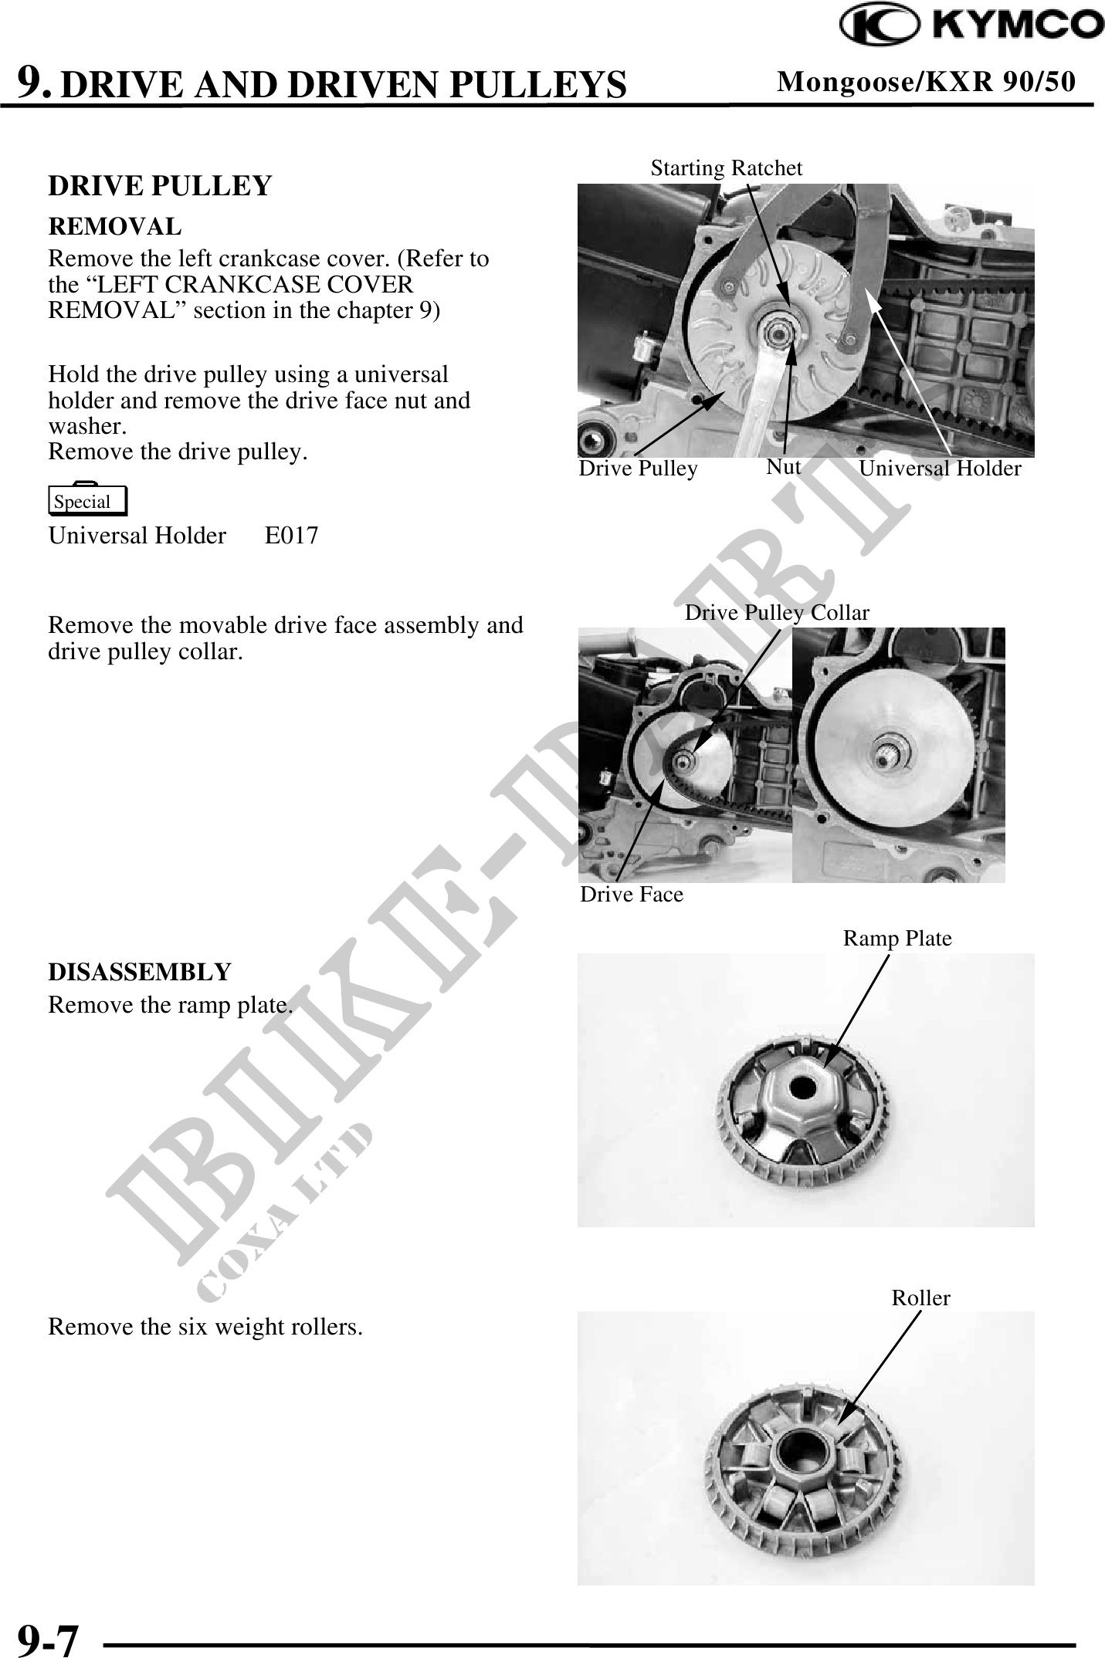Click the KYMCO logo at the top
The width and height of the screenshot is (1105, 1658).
click(x=972, y=25)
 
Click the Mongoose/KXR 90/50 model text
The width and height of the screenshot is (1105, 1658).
click(x=925, y=81)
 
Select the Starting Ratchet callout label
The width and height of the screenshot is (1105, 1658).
click(x=726, y=168)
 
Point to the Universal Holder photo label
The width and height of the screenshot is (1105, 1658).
click(x=939, y=469)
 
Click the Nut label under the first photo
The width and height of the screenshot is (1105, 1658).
click(x=783, y=467)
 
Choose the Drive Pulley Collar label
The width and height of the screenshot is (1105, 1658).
click(x=777, y=613)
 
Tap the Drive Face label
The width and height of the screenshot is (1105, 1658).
click(x=631, y=895)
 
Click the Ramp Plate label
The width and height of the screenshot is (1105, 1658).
click(x=897, y=939)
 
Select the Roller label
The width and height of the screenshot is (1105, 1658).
click(x=920, y=1298)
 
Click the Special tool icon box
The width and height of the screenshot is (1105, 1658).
click(x=87, y=501)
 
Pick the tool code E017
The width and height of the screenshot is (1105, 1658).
click(x=291, y=536)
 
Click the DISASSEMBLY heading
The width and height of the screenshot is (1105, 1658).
click(x=140, y=972)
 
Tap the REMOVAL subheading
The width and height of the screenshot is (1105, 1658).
click(x=115, y=227)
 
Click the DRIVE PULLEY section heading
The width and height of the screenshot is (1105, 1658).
click(x=160, y=186)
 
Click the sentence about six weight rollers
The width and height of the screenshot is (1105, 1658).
click(x=205, y=1328)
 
